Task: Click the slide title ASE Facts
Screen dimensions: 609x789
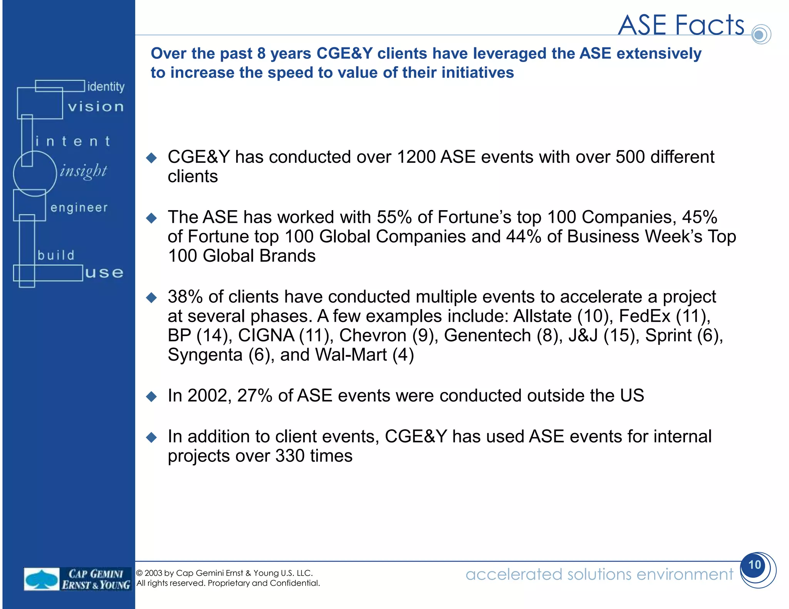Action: [681, 25]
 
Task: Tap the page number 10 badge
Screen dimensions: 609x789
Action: [755, 565]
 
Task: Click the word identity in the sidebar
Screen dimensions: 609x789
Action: [106, 87]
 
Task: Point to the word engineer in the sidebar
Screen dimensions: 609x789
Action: [79, 208]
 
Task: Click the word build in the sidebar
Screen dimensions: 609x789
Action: [56, 255]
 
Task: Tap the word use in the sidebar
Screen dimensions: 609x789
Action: [104, 273]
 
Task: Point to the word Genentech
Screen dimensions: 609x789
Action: [487, 336]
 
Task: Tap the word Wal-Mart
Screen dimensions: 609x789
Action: [351, 355]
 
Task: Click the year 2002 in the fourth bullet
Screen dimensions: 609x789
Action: [206, 396]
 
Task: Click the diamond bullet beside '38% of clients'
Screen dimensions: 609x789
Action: [152, 298]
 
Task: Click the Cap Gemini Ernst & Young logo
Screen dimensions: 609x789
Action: [77, 579]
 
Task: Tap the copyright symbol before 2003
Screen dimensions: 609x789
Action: [139, 573]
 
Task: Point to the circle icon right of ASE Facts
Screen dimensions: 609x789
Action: [760, 35]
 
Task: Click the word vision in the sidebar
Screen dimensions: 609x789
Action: [96, 107]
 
